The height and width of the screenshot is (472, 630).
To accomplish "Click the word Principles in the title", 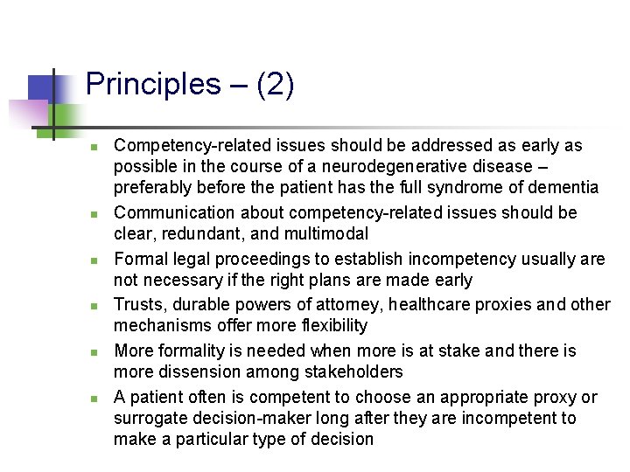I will (153, 85).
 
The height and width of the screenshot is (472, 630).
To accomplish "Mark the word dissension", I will (197, 371).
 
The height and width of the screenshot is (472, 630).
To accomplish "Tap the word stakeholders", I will (354, 371).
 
